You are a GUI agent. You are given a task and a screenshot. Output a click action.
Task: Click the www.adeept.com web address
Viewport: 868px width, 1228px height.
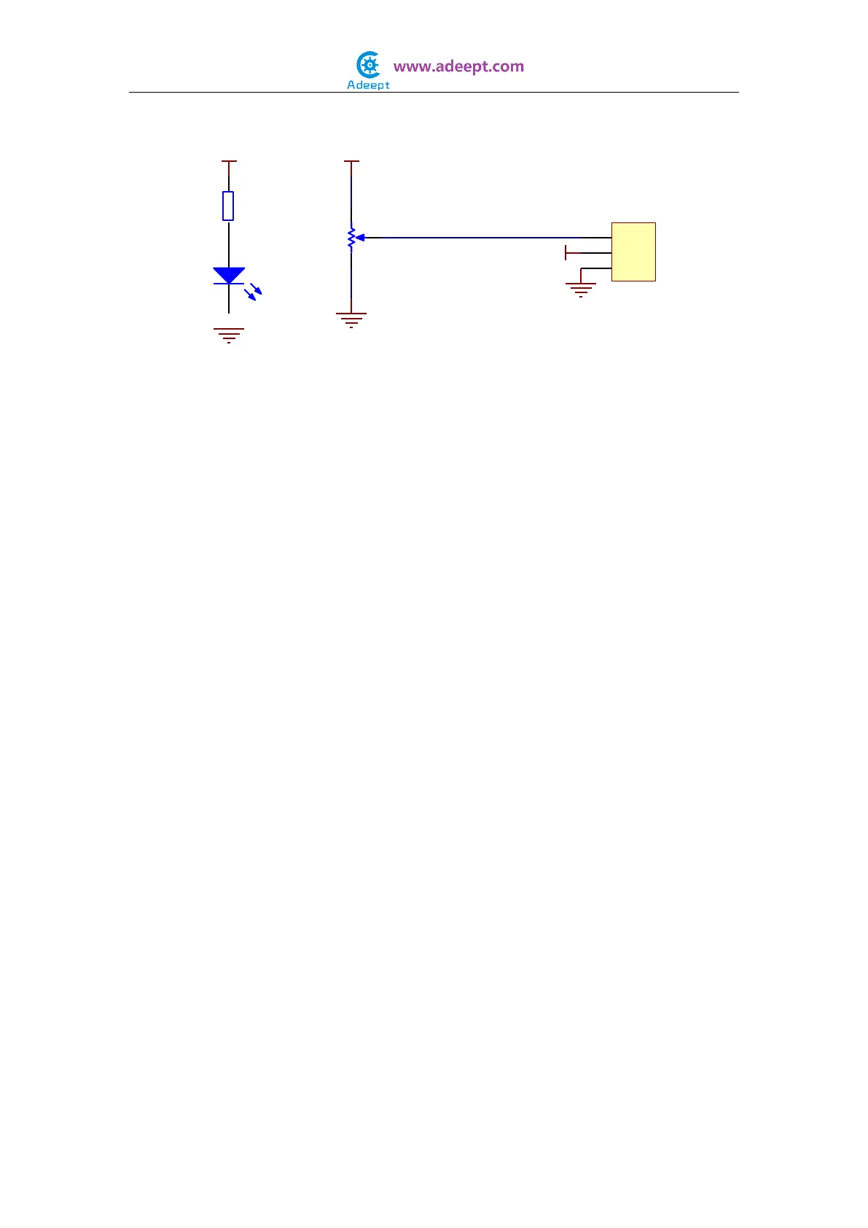(458, 66)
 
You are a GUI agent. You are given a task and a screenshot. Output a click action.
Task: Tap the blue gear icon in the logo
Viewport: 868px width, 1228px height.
(370, 66)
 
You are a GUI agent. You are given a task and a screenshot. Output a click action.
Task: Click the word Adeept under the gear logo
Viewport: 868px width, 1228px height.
(368, 85)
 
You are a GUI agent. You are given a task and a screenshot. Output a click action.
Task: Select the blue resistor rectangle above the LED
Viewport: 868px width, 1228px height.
(228, 206)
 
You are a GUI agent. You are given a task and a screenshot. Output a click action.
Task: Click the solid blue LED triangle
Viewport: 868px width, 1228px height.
(229, 275)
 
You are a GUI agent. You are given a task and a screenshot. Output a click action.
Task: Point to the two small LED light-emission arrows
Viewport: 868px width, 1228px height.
(253, 291)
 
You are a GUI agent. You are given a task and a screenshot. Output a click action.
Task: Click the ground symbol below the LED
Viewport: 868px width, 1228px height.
(229, 335)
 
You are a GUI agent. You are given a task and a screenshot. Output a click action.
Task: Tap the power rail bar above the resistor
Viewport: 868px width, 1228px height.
(229, 162)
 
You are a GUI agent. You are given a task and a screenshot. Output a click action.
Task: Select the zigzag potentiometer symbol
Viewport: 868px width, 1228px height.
(351, 238)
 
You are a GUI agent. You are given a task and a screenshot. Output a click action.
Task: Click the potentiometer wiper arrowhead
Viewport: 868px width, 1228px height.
(359, 238)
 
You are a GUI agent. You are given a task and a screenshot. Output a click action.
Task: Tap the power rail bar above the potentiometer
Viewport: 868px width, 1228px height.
(351, 162)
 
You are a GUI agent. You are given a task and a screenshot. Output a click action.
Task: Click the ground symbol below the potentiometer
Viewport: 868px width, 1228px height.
(351, 319)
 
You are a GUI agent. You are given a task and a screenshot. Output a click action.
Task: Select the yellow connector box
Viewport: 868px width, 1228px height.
(633, 252)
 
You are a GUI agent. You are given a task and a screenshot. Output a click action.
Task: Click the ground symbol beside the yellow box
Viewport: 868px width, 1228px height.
(581, 289)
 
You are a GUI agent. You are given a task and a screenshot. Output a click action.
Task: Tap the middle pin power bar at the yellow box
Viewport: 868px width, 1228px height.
(567, 253)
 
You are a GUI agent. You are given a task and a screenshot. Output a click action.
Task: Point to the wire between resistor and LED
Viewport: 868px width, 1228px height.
(229, 244)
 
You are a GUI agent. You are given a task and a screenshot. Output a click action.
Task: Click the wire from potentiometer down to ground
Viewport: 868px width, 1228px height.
(351, 281)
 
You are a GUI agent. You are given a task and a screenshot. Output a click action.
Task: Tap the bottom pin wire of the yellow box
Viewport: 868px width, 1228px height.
(596, 269)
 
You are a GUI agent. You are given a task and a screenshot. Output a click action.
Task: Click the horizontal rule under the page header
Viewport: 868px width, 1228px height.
(434, 93)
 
